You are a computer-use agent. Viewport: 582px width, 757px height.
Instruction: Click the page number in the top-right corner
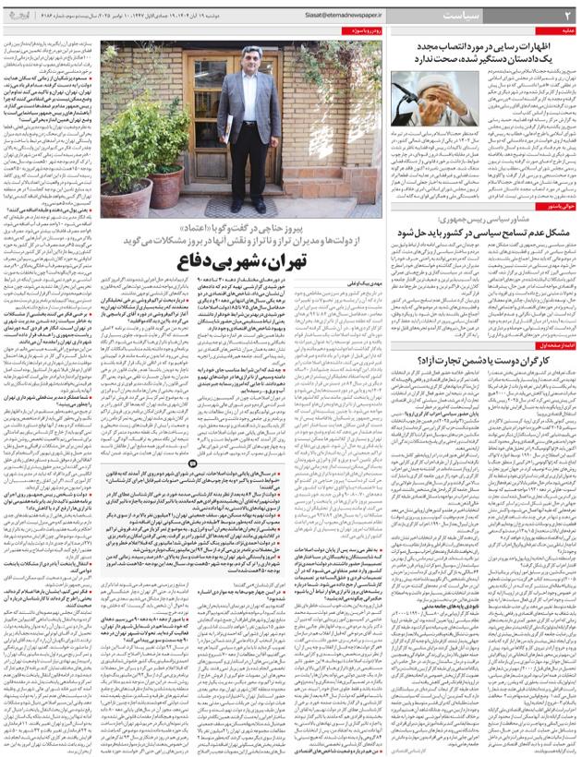tap(567, 15)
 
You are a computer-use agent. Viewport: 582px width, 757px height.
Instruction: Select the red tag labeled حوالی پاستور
tap(553, 207)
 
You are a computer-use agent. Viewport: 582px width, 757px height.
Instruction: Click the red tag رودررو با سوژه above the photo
tap(360, 31)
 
